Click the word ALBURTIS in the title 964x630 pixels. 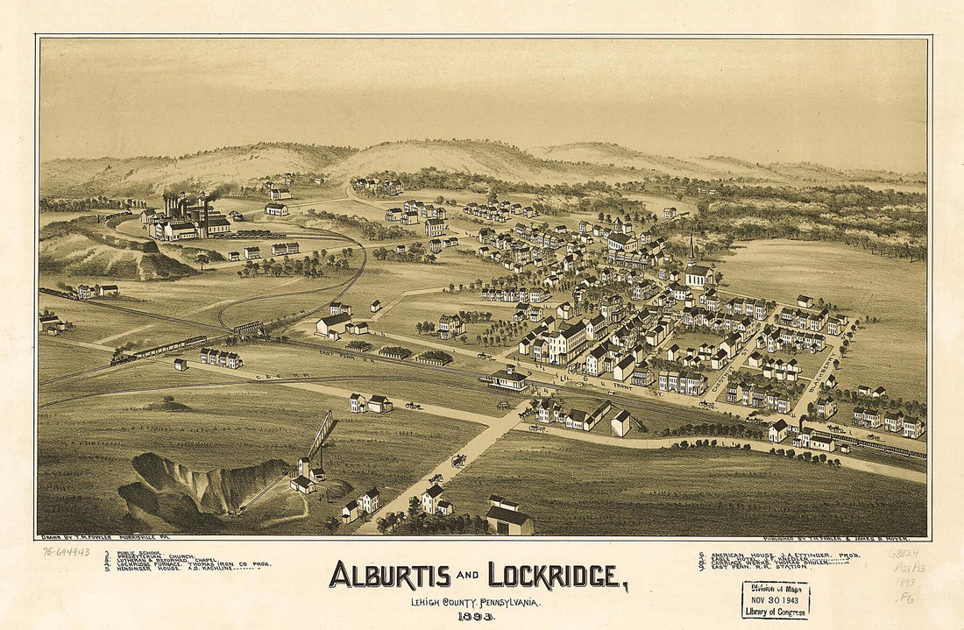point(389,575)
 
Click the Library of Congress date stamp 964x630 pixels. point(776,599)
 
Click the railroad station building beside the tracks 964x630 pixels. point(508,379)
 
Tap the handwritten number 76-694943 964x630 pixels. point(66,552)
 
